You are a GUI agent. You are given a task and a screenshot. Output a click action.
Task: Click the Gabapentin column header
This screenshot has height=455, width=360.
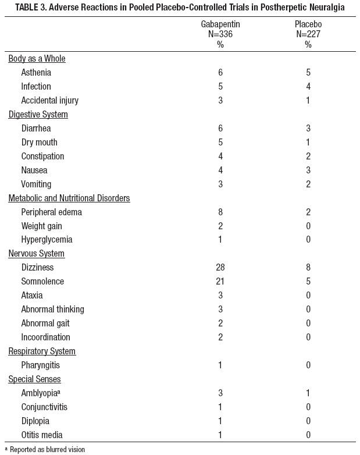click(x=220, y=25)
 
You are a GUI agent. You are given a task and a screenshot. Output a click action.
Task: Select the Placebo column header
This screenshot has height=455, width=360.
click(x=308, y=25)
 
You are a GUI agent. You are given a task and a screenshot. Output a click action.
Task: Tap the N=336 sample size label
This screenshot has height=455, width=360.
click(x=220, y=34)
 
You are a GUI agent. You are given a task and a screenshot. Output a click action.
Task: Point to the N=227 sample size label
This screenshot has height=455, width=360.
click(x=308, y=34)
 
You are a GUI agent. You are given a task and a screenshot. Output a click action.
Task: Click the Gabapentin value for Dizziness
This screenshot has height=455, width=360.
click(x=220, y=268)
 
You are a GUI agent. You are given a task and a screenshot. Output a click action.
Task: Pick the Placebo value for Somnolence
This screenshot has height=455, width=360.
click(x=308, y=282)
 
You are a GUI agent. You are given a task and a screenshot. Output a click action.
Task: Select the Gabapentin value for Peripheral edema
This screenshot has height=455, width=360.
click(x=220, y=212)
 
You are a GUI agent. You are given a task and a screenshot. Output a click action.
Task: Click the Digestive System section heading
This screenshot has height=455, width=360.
click(x=38, y=115)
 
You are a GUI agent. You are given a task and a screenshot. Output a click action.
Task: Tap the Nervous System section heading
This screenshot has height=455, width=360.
click(x=36, y=254)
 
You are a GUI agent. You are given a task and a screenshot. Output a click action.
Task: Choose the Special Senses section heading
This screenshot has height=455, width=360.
click(x=35, y=379)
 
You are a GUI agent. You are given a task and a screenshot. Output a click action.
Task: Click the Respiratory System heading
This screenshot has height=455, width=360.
click(x=42, y=351)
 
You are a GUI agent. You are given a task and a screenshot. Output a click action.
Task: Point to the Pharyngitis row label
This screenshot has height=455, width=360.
click(x=41, y=365)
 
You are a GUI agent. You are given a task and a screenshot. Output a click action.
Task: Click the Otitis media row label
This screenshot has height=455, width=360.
click(x=42, y=435)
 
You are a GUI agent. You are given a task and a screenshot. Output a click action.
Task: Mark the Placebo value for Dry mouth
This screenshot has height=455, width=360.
click(x=308, y=143)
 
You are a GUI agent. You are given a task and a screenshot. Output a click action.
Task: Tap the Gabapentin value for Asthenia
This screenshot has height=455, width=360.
click(x=220, y=73)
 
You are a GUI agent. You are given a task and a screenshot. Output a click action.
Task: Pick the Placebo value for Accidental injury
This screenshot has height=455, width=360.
click(x=308, y=101)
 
